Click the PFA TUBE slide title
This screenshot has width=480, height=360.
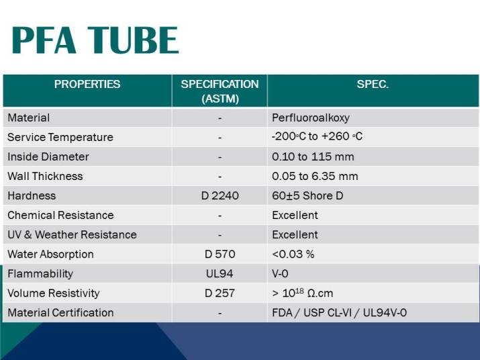pos(95,40)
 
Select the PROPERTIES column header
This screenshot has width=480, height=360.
pos(87,85)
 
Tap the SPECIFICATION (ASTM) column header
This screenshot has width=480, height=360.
pos(220,91)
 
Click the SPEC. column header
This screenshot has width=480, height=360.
pos(373,85)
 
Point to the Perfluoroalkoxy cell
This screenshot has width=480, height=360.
pos(311,118)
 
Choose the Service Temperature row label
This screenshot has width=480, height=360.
pos(60,137)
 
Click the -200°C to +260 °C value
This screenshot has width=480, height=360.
pos(317,136)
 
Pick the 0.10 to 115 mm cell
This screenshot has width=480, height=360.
pos(313,156)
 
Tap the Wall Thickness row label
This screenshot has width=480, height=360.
pos(45,176)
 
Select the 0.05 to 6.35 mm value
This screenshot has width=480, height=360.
pos(315,176)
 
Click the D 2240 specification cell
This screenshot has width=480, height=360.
pos(220,195)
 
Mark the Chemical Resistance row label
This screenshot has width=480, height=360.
pos(60,215)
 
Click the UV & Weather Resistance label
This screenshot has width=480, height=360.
pos(72,234)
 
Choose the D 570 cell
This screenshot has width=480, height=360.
pos(220,254)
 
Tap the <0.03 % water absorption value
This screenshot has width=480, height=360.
pos(293,254)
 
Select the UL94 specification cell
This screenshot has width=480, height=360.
pos(220,273)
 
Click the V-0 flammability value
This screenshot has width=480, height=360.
pos(281,273)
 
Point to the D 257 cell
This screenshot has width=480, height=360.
pos(220,293)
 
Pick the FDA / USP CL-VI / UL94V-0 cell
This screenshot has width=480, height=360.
pos(339,312)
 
